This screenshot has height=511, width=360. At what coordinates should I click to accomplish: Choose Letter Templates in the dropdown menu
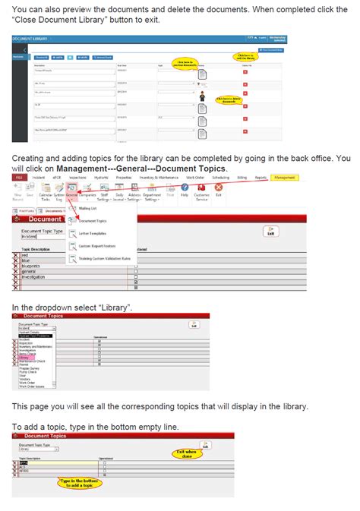pyautogui.click(x=92, y=233)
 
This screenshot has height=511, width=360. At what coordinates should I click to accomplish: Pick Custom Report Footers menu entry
pyautogui.click(x=96, y=246)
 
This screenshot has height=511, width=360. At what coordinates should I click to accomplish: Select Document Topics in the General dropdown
pyautogui.click(x=92, y=220)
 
